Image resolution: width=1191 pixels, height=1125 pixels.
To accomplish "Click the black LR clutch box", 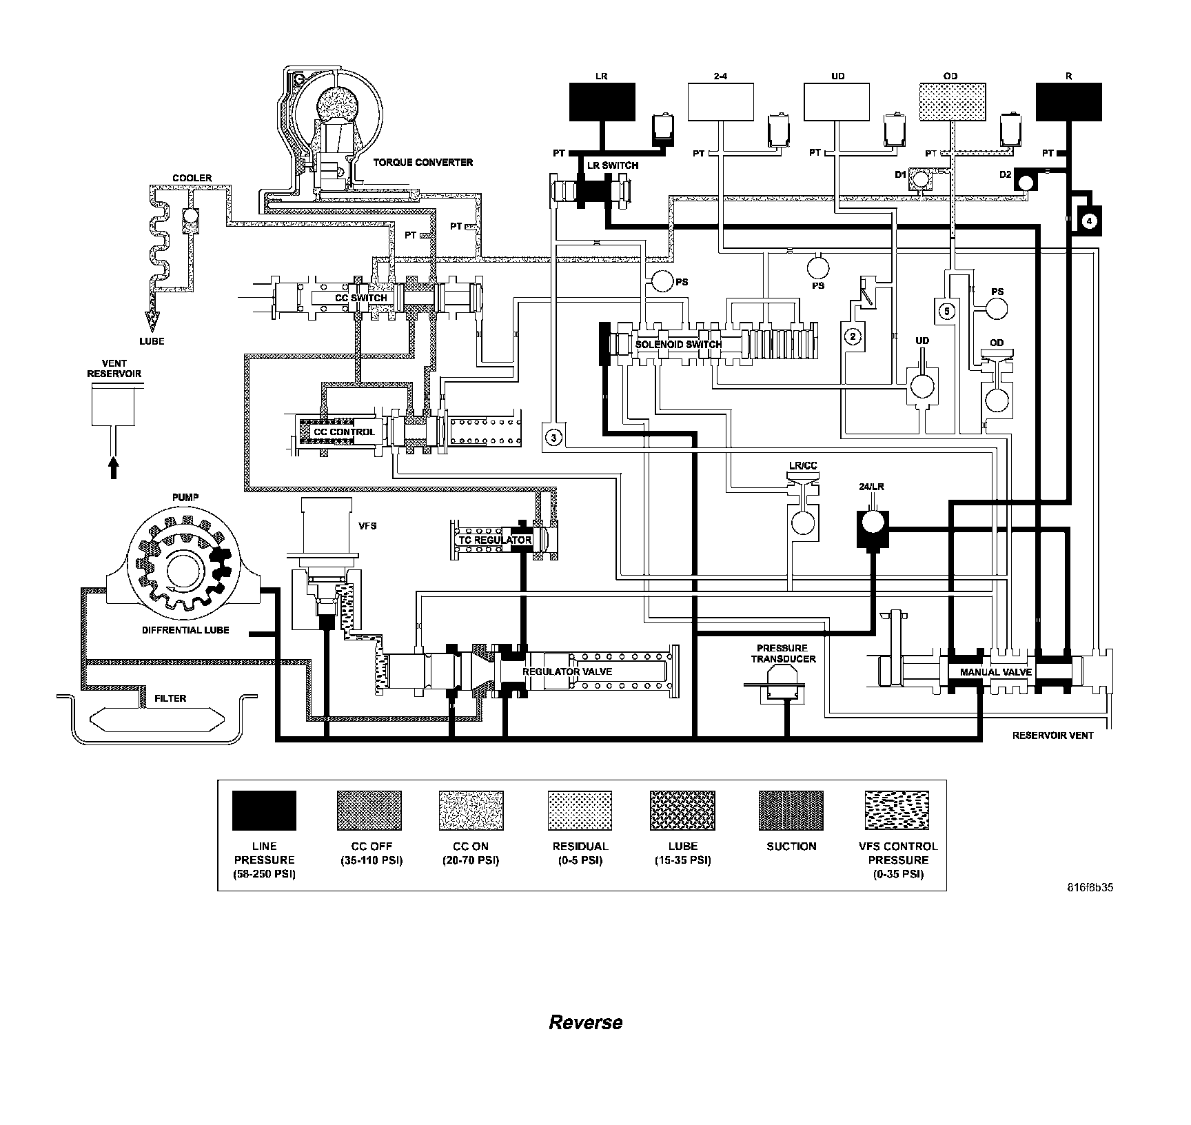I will (x=602, y=102).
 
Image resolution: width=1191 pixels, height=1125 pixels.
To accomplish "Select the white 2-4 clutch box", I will (x=720, y=102).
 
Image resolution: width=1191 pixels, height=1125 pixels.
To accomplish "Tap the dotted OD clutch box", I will (x=952, y=102).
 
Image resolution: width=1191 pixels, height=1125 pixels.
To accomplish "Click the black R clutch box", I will (x=1068, y=102).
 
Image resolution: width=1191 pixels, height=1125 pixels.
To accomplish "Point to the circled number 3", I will (x=553, y=436).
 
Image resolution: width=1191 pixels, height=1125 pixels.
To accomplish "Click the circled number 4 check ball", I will (x=1088, y=221).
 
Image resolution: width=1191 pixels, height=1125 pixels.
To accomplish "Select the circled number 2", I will (x=853, y=336).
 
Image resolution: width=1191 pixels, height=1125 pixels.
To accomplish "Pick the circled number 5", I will (x=946, y=311).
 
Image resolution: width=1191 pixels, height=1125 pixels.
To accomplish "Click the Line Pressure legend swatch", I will (x=264, y=811).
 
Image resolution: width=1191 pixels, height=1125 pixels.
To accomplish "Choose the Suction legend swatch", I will (x=791, y=811).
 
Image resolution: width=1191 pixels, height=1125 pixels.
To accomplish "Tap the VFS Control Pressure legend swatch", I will (x=897, y=811).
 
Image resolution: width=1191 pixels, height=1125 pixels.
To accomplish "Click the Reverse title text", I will (x=585, y=1022).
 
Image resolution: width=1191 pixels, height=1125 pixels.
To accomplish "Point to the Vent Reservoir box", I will (x=113, y=405).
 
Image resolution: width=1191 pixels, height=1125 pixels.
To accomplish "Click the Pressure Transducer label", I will (x=782, y=653).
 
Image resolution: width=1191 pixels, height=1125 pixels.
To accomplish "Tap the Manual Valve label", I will (x=995, y=672).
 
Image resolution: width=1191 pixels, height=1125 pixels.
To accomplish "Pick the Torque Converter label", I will (x=423, y=163).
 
